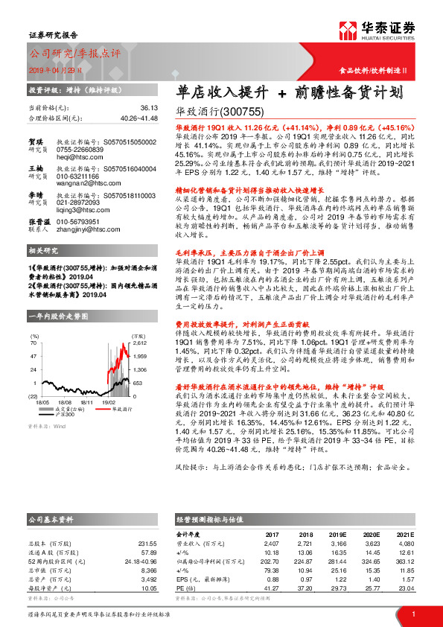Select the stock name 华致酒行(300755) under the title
click(x=219, y=112)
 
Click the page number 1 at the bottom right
click(x=412, y=614)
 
